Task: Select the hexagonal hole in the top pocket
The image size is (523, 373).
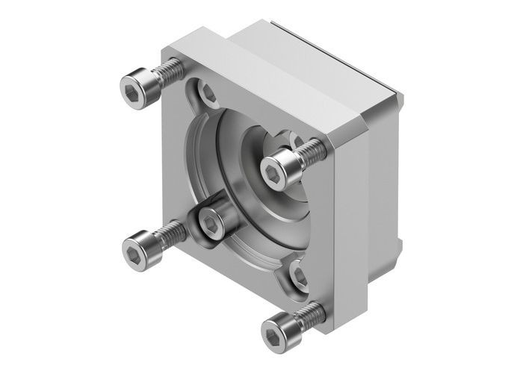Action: click(208, 95)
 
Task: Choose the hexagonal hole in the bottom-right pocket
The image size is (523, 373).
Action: click(299, 277)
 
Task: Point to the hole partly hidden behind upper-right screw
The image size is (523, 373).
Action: click(297, 140)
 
